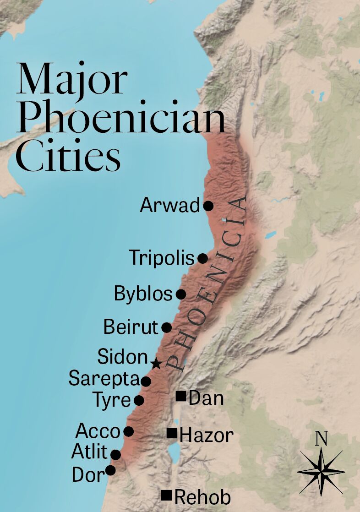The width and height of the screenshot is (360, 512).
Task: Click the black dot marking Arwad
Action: tap(208, 206)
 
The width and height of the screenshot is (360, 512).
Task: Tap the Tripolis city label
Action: tap(162, 258)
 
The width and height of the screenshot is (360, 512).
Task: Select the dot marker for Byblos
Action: tap(181, 294)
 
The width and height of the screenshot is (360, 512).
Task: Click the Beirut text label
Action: tap(131, 327)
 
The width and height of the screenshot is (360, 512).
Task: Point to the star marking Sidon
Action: tap(156, 364)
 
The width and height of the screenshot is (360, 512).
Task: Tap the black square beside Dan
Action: tap(181, 397)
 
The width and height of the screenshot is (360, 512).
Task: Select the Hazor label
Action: tap(206, 435)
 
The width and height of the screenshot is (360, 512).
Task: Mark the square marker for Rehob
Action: tap(167, 495)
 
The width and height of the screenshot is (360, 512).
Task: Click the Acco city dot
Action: tap(129, 431)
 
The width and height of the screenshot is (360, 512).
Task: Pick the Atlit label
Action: tap(89, 452)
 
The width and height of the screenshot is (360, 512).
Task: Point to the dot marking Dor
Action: tap(110, 470)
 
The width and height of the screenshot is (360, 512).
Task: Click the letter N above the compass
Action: tap(321, 439)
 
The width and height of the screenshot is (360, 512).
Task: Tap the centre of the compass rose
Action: tap(321, 471)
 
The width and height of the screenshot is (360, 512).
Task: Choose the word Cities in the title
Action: tap(69, 157)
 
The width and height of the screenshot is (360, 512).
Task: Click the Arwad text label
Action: tap(170, 205)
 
